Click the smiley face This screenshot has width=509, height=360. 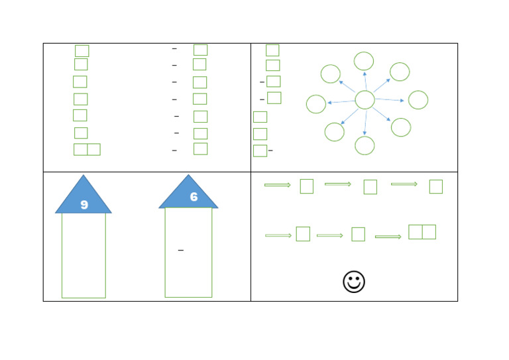(x=354, y=282)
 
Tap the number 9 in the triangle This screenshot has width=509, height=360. (x=84, y=204)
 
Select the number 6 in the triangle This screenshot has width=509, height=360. (x=194, y=197)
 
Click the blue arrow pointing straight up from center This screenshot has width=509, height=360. (x=365, y=81)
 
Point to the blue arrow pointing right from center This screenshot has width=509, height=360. (x=390, y=100)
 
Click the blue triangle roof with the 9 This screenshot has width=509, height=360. (x=84, y=194)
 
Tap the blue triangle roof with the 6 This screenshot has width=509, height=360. (x=188, y=192)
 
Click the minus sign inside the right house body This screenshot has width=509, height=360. (x=181, y=251)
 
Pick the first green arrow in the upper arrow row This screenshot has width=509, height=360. (x=278, y=185)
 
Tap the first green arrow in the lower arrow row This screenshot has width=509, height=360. (x=278, y=235)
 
